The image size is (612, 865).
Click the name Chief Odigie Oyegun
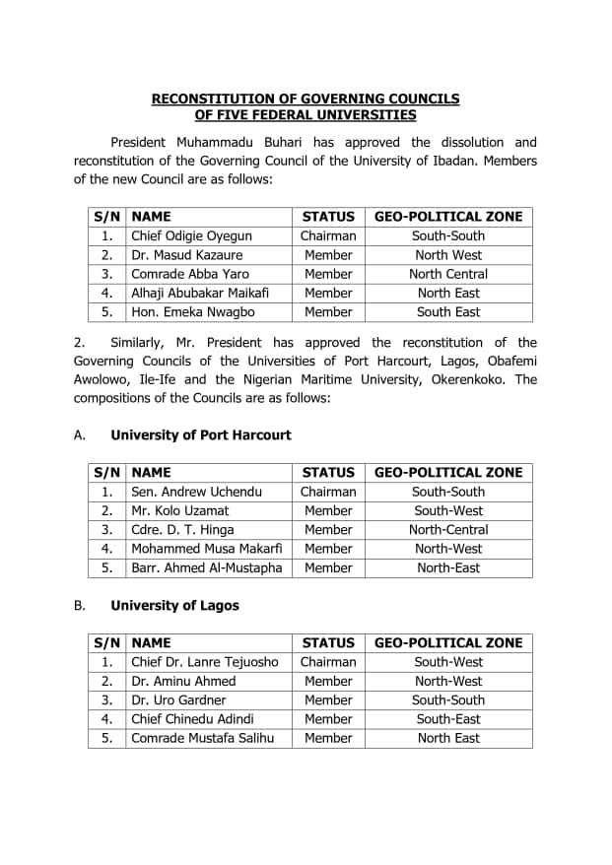(191, 235)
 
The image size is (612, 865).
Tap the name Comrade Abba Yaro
(190, 274)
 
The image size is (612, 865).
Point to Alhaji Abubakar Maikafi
(200, 293)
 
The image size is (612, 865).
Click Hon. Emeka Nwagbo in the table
(193, 311)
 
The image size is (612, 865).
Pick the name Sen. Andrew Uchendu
(197, 492)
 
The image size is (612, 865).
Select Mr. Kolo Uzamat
(180, 510)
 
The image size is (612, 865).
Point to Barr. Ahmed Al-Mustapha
(207, 567)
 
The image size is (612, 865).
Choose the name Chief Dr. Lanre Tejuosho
(205, 662)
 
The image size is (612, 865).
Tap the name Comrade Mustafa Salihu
(203, 738)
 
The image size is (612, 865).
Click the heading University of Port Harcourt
(201, 435)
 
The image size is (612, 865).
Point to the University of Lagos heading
(174, 606)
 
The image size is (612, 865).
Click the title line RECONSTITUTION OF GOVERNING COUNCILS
(306, 99)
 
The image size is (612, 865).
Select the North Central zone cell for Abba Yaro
(448, 274)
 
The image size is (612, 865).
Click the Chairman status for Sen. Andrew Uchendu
(328, 492)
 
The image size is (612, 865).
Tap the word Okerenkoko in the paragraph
(469, 379)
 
